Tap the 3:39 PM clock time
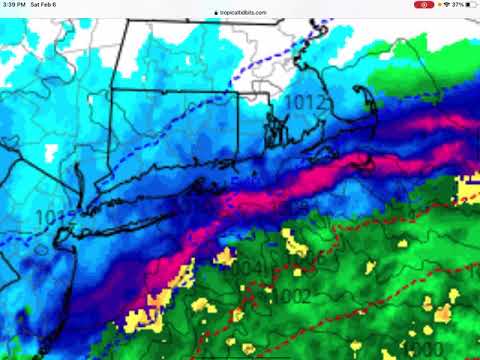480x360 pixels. pyautogui.click(x=15, y=4)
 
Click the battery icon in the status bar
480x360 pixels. pyautogui.click(x=471, y=4)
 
